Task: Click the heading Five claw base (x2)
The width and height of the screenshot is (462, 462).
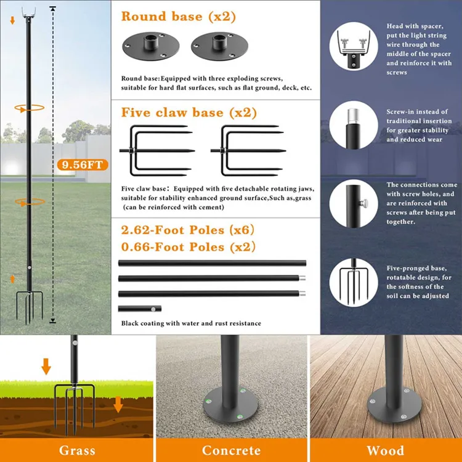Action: (189, 113)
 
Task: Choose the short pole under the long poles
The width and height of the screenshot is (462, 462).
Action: (140, 308)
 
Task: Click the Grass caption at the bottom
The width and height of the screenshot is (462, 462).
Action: (77, 450)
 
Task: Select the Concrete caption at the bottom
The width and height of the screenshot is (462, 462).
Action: (231, 450)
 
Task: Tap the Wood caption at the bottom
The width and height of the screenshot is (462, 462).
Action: (385, 450)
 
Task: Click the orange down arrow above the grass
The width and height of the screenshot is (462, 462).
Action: (46, 367)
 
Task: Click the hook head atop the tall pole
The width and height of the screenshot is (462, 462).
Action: (28, 10)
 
